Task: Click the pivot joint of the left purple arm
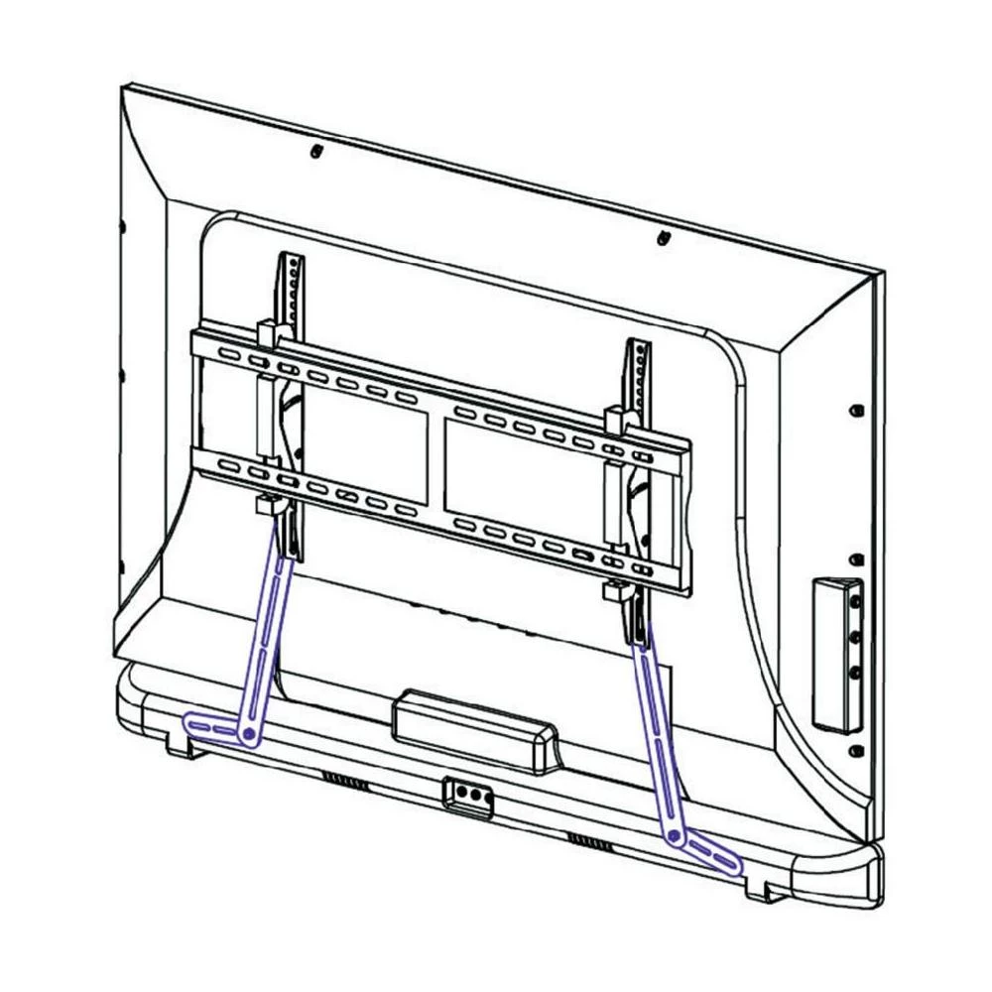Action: [249, 734]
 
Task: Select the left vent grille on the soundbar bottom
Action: [345, 781]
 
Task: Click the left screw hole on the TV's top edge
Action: [315, 152]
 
